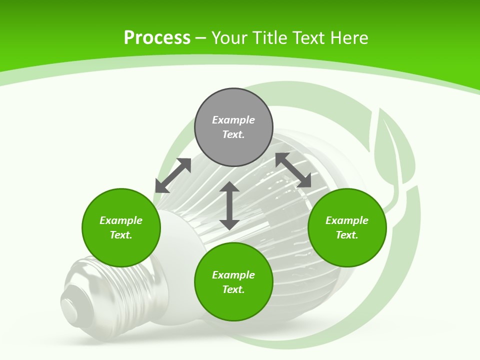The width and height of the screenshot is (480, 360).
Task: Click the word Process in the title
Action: coord(157,38)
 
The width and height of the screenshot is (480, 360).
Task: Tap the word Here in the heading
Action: coord(350,38)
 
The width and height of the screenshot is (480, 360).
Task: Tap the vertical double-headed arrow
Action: coord(229,206)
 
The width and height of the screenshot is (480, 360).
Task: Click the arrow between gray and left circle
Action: coord(173,175)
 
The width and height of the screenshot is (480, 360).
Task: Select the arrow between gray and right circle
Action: coord(293,170)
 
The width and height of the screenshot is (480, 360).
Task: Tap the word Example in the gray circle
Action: coord(233,120)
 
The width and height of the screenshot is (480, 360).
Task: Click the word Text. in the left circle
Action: coord(121,235)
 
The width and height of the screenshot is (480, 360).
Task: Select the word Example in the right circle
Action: coord(347,220)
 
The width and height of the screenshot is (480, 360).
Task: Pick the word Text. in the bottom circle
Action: coord(233,289)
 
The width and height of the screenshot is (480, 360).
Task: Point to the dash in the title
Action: coord(200,38)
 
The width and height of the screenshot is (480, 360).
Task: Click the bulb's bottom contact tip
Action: coord(69,305)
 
